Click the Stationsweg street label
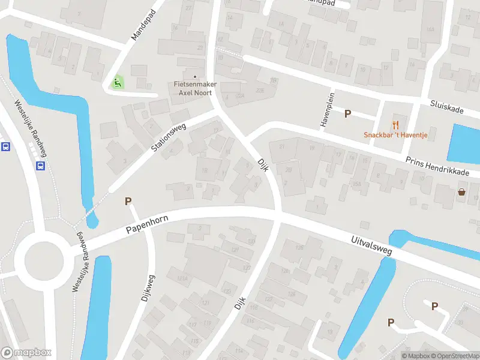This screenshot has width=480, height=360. pos(169,137)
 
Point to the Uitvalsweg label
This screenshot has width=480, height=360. pos(371,245)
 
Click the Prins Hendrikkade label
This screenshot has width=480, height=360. pos(437,166)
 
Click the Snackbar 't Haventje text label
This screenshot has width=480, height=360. pos(395,135)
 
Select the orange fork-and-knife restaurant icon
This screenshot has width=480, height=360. pos(395,124)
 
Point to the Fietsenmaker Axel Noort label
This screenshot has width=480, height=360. pos(195,89)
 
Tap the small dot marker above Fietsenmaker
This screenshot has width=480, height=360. pos(195,76)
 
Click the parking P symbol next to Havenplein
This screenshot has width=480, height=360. pos(347,113)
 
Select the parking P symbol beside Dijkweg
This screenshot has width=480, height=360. pos(128,202)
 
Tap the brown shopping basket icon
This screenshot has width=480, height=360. pos(461,192)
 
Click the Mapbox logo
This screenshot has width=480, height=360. pos(26,353)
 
